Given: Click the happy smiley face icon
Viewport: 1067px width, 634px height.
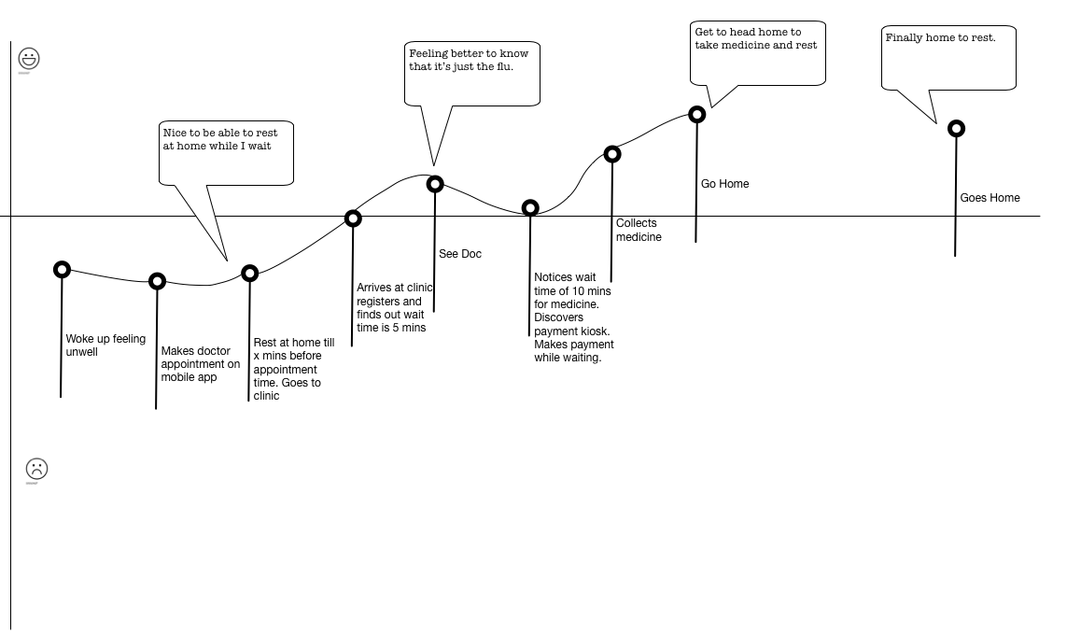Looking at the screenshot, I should click(x=30, y=59).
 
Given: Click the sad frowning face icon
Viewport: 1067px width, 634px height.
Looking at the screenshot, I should click(x=36, y=469).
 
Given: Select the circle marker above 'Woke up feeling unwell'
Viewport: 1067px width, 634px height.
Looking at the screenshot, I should click(x=62, y=270).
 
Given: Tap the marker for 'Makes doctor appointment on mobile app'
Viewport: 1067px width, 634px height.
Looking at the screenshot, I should click(x=157, y=281).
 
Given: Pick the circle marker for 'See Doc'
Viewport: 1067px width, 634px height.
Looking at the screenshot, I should click(x=435, y=184).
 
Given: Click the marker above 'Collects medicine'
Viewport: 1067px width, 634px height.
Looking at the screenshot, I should click(x=612, y=154).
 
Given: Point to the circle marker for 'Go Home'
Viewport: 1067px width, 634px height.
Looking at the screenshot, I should click(x=696, y=115).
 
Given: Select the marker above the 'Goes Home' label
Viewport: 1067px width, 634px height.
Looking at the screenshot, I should click(x=956, y=129).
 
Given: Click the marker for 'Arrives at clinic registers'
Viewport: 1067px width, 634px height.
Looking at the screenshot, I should click(x=353, y=218).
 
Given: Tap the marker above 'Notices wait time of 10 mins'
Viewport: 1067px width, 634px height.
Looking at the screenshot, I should click(x=530, y=208).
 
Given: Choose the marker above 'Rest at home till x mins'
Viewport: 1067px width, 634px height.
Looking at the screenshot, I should click(x=250, y=274).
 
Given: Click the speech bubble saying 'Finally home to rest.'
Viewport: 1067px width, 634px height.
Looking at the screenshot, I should click(x=948, y=58).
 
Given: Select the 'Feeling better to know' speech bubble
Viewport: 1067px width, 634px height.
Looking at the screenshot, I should click(x=472, y=73).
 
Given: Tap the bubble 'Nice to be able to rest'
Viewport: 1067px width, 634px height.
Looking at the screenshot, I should click(x=227, y=152).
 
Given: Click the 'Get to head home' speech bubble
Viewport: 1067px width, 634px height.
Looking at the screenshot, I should click(x=758, y=52).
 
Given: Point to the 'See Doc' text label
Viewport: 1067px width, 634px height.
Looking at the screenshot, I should click(x=460, y=254).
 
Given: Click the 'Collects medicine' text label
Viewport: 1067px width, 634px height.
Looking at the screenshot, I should click(x=639, y=230).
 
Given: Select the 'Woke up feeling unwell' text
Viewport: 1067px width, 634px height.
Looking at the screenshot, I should click(x=105, y=345).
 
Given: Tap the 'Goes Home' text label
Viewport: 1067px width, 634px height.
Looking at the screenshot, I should click(x=990, y=198).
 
